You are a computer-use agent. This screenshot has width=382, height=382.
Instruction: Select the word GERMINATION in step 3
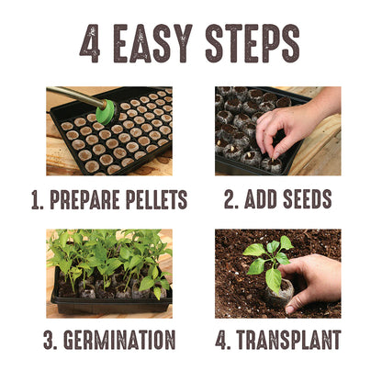point(119,340)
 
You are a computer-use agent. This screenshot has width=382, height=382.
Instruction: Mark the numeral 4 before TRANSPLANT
point(221,340)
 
